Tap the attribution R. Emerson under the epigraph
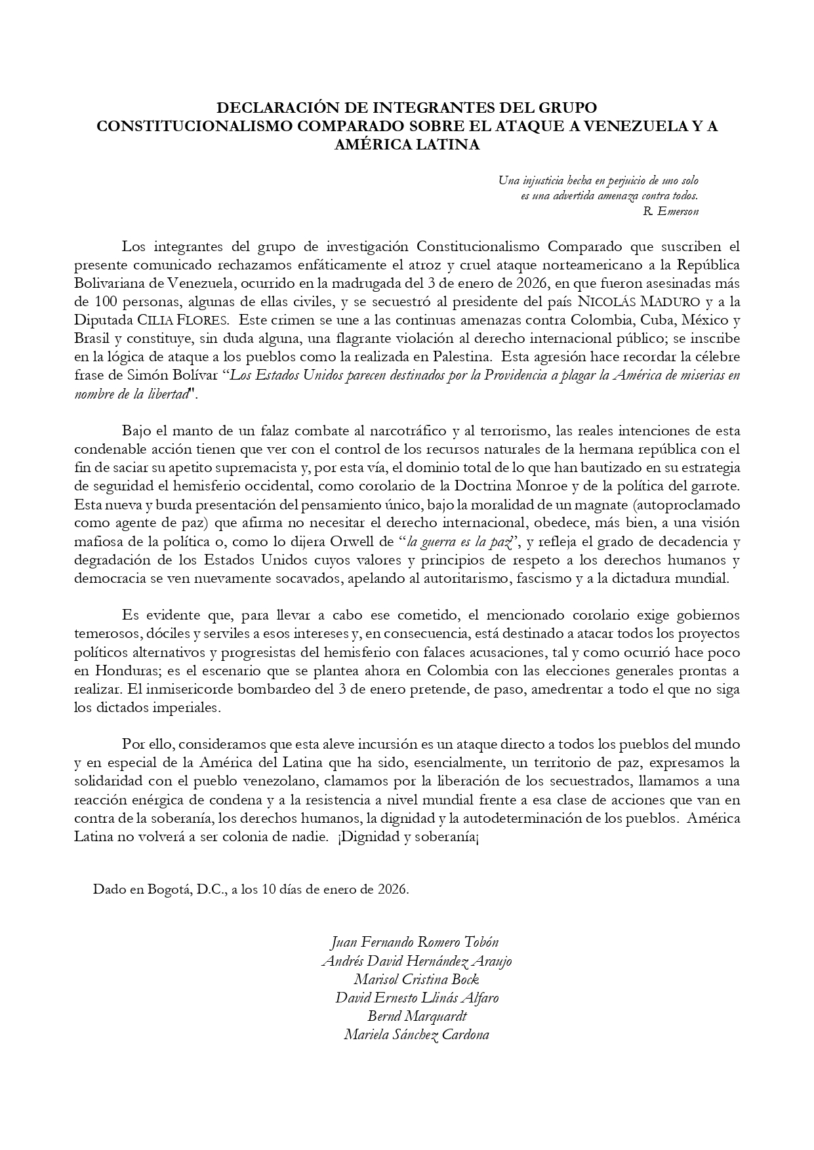[x=671, y=211]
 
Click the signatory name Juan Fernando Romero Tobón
[x=414, y=942]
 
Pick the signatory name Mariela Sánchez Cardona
[x=417, y=1035]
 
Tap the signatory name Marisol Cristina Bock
[x=417, y=980]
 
